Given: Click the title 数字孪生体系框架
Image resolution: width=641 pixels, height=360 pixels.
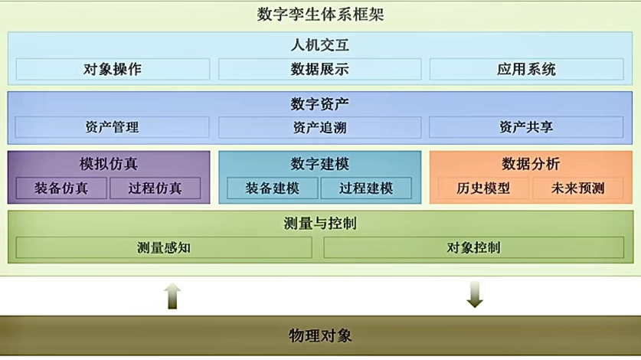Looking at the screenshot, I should pyautogui.click(x=320, y=14).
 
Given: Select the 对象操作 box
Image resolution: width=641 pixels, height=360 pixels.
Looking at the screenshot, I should pyautogui.click(x=112, y=69).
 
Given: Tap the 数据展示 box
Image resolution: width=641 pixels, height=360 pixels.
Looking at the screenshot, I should pyautogui.click(x=319, y=69).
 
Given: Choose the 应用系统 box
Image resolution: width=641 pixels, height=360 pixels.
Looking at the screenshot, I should pyautogui.click(x=526, y=69).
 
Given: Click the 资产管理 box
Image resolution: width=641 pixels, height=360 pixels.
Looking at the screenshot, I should pyautogui.click(x=112, y=127).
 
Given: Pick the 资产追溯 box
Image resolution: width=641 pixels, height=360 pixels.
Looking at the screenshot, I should pyautogui.click(x=319, y=127).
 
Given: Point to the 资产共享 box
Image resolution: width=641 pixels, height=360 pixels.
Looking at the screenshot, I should pyautogui.click(x=526, y=127).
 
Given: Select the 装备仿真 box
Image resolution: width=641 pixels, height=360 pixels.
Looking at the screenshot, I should pyautogui.click(x=61, y=188).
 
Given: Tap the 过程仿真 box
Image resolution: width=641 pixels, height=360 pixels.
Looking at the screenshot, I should pyautogui.click(x=155, y=188).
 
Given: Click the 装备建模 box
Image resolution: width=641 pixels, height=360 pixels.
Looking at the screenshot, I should pyautogui.click(x=272, y=188).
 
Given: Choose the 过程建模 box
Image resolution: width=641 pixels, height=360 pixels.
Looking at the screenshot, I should pyautogui.click(x=366, y=188).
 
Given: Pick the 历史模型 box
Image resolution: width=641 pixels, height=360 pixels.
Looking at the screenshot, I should pyautogui.click(x=482, y=188).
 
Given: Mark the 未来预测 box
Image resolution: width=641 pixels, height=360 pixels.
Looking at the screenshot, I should pyautogui.click(x=577, y=188).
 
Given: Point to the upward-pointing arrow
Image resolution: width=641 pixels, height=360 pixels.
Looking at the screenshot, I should pyautogui.click(x=173, y=295).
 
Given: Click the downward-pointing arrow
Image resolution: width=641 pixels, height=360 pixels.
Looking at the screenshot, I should pyautogui.click(x=475, y=295).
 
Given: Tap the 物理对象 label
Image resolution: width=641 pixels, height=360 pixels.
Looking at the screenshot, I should pyautogui.click(x=320, y=335).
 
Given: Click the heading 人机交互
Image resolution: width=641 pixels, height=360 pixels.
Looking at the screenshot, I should pyautogui.click(x=320, y=45).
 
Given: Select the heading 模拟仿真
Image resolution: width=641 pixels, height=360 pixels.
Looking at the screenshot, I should pyautogui.click(x=109, y=163).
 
